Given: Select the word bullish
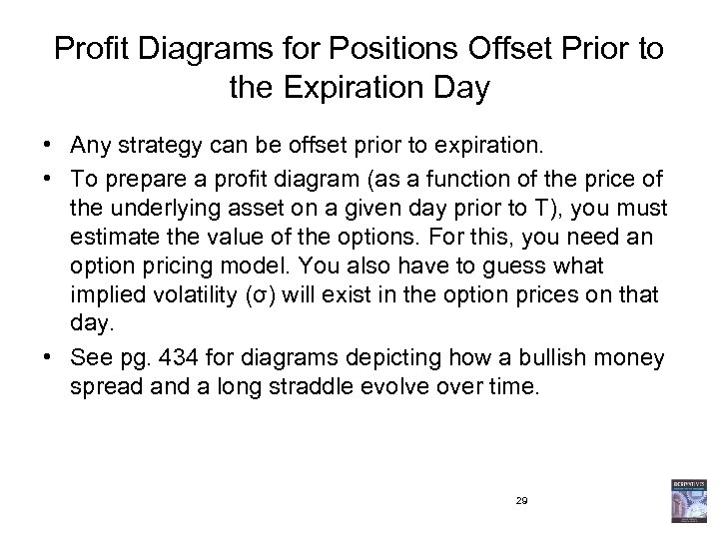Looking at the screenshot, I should coord(547,357).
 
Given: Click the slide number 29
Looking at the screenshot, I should coord(521,500).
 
